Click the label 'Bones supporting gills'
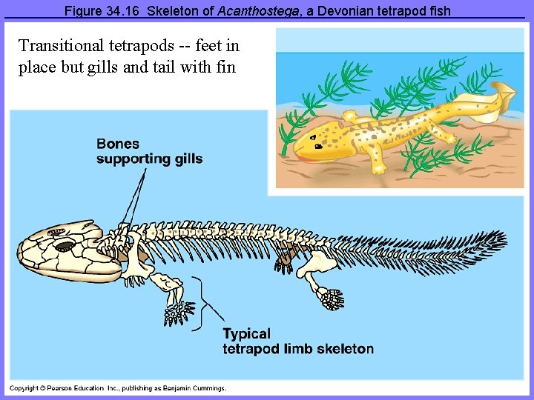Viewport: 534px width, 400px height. coord(149,151)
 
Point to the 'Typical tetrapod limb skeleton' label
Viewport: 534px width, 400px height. coord(298,341)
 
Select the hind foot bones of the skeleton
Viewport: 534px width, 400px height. coord(331,298)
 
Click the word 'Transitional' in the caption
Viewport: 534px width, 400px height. coord(56,46)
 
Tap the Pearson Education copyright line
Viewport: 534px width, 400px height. coord(118,387)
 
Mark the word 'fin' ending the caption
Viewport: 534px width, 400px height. coord(225,67)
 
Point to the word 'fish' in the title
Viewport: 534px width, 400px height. coord(435,12)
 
